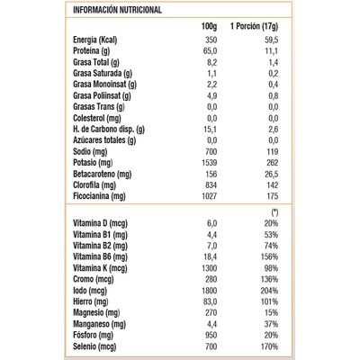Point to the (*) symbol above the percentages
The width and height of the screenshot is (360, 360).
click(x=273, y=212)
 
